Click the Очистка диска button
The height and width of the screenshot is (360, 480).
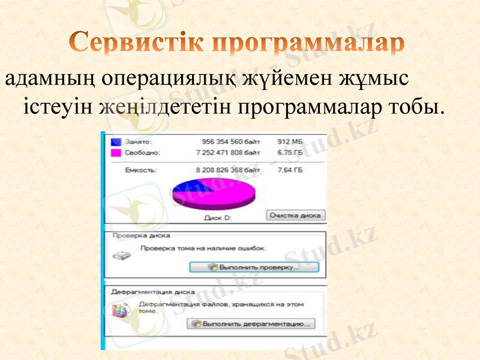click(x=295, y=215)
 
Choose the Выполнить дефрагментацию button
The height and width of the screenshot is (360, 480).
click(x=251, y=324)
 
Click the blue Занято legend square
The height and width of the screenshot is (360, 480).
click(x=116, y=142)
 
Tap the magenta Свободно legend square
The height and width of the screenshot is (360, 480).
click(x=116, y=153)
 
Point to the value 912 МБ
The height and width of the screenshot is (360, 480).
click(x=290, y=142)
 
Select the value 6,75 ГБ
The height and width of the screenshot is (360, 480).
click(x=290, y=153)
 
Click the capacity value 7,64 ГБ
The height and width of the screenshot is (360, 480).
click(x=290, y=170)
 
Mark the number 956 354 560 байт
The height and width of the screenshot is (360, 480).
click(x=231, y=142)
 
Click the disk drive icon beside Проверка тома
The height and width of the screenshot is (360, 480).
click(x=121, y=255)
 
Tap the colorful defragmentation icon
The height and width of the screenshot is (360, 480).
click(x=121, y=310)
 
